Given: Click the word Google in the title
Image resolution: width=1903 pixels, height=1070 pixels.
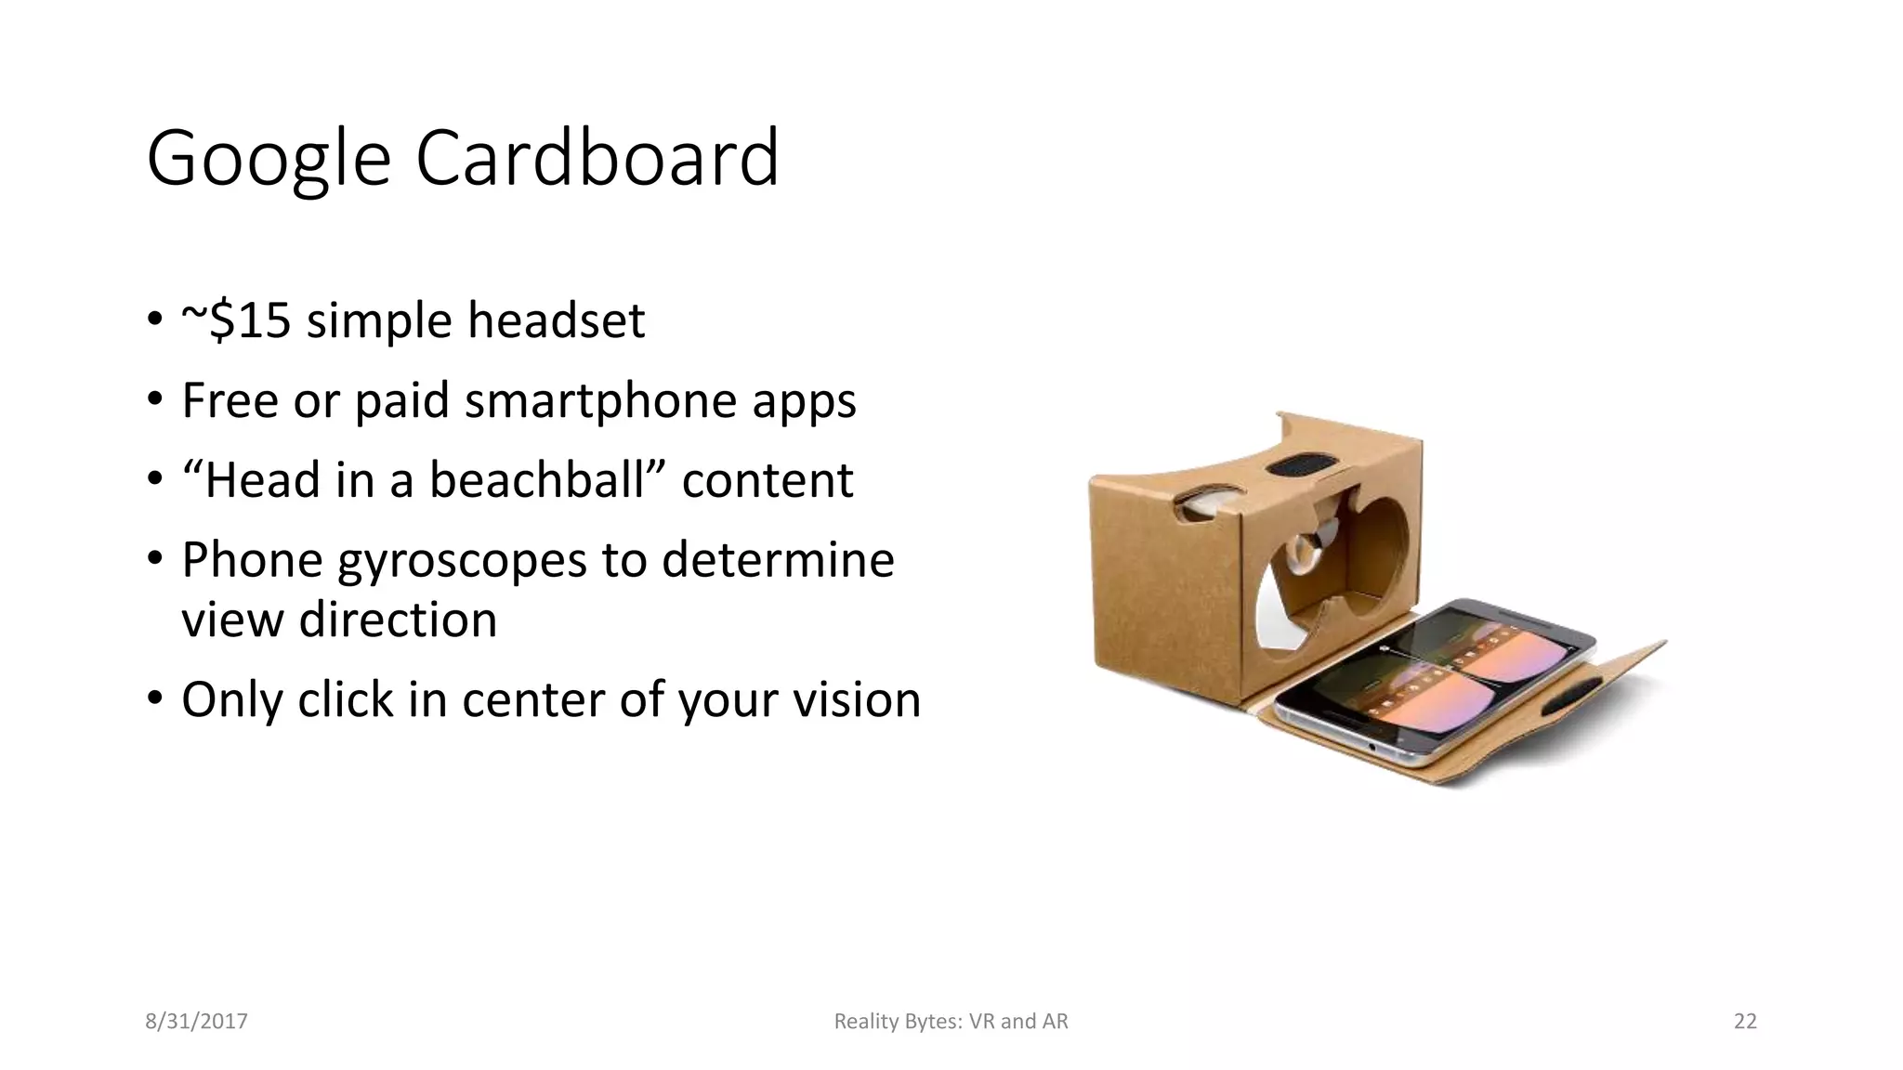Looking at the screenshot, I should click(x=268, y=159).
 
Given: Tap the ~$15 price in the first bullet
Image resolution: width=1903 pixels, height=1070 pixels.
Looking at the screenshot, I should click(x=236, y=320).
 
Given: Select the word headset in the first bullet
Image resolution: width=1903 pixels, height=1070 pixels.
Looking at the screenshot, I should click(x=556, y=320).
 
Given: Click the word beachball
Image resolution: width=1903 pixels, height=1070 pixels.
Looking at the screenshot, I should click(x=537, y=480).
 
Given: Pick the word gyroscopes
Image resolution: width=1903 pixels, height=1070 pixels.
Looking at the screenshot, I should click(x=462, y=561).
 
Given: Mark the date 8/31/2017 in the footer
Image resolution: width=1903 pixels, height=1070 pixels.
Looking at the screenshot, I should click(x=196, y=1022).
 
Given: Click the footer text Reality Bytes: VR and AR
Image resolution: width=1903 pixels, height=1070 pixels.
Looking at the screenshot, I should click(x=951, y=1022).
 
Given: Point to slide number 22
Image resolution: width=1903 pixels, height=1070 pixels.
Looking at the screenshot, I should click(x=1745, y=1022).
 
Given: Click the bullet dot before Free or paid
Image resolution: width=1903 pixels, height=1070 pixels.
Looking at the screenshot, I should click(x=154, y=401).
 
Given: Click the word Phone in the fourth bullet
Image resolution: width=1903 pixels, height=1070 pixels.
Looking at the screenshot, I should click(x=252, y=561).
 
